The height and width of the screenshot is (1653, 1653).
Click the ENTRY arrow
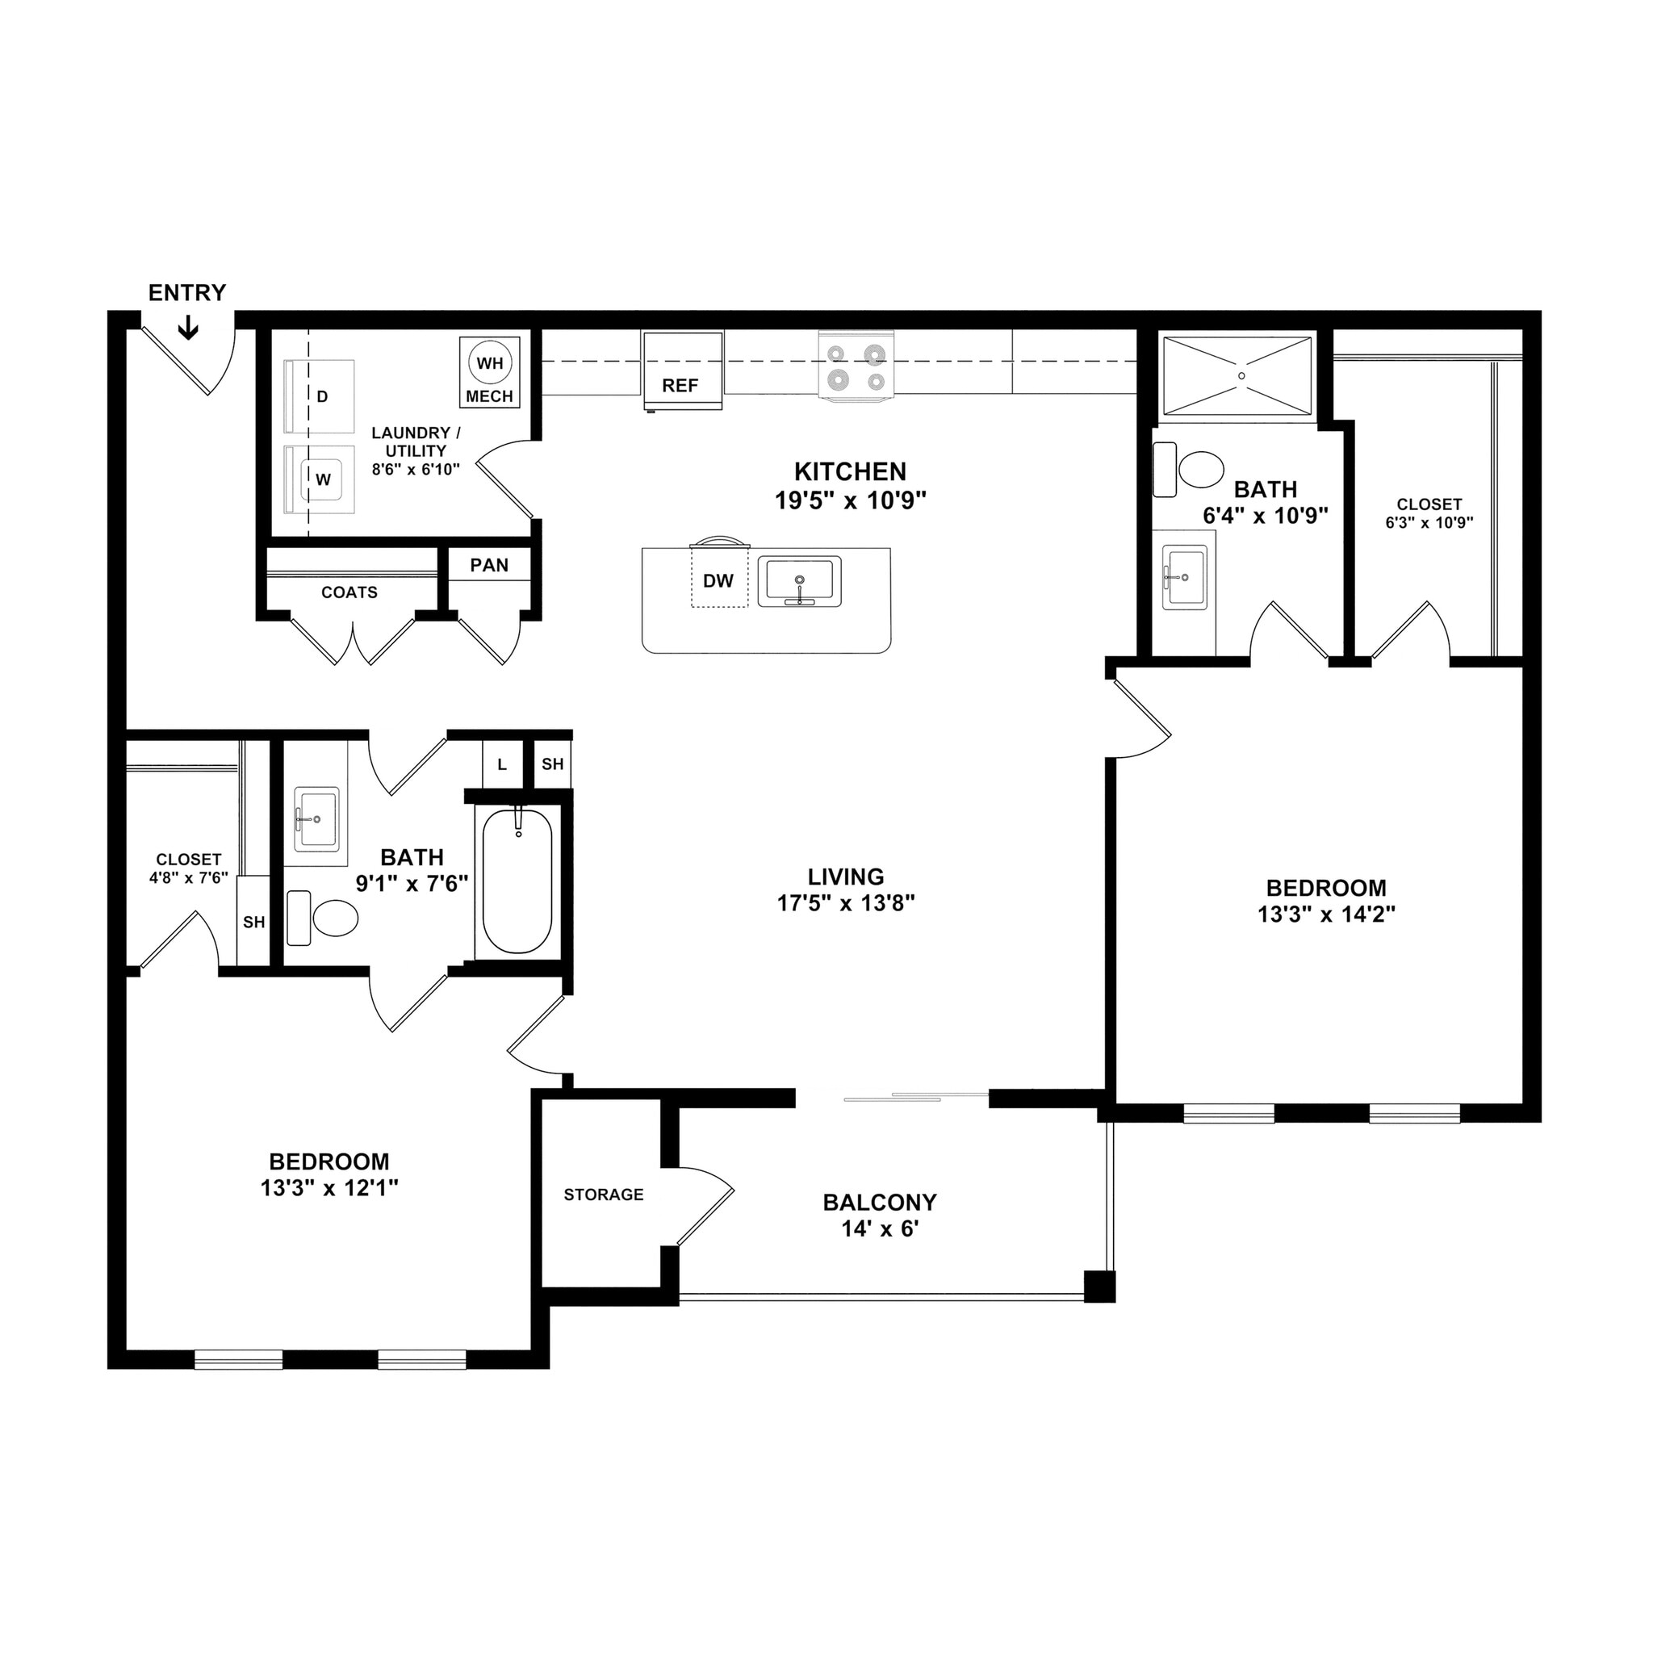tap(187, 328)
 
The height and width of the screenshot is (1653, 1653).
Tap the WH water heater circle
tap(489, 362)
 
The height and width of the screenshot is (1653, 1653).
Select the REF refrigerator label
tap(680, 386)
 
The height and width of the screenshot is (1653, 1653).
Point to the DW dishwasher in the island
tap(718, 581)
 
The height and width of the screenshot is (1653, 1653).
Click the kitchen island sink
tap(799, 582)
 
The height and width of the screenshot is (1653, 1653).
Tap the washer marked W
tap(323, 480)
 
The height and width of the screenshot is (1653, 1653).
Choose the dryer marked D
tap(322, 397)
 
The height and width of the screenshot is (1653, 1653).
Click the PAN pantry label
tap(489, 566)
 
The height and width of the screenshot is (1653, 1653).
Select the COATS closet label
tap(349, 593)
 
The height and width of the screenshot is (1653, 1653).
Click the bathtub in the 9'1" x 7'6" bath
tap(517, 881)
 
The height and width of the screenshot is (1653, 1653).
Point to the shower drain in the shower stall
tap(1241, 375)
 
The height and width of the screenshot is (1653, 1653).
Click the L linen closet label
tap(502, 765)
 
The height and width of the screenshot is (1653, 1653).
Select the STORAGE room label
tap(603, 1195)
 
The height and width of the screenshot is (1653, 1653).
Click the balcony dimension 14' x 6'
tap(880, 1229)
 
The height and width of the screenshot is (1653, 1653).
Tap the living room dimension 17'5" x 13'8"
tap(845, 902)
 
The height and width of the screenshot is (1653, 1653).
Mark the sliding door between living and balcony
tap(915, 1097)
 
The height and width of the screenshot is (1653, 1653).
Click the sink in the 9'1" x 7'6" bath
tap(316, 818)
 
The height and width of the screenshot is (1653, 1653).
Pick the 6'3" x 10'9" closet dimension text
tap(1429, 523)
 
